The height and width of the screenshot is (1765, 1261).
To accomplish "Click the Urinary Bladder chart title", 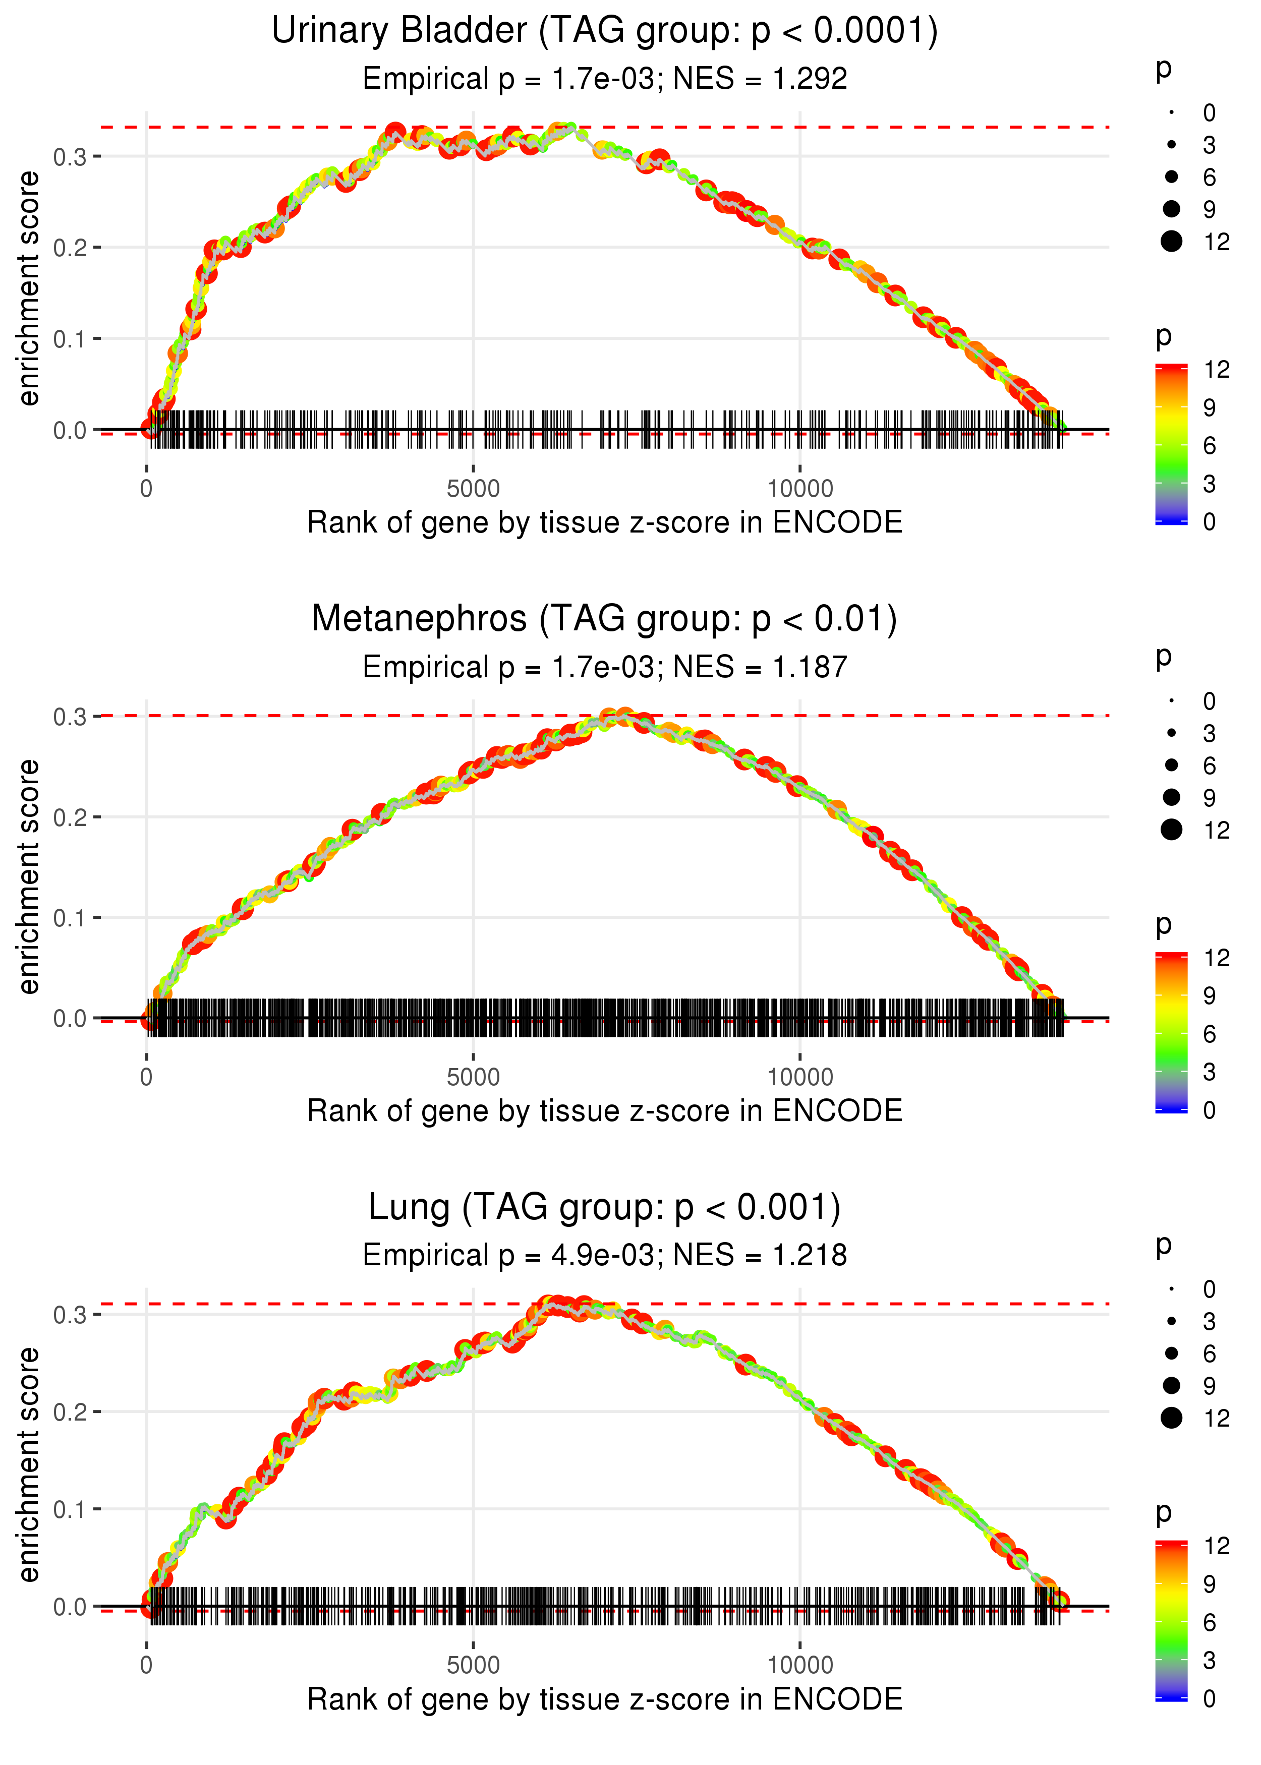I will [604, 31].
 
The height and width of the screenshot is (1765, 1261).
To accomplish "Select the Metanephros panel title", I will [604, 619].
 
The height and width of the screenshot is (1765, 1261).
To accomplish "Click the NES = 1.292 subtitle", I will [604, 79].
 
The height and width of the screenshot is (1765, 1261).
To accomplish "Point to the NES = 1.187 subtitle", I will [604, 668].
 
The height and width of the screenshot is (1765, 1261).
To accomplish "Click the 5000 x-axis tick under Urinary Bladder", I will [473, 489].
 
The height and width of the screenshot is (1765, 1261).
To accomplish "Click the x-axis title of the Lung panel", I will [604, 1700].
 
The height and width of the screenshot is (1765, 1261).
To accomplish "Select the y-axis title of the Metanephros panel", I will [29, 877].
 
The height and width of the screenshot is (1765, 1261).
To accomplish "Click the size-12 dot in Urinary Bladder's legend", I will [1171, 242].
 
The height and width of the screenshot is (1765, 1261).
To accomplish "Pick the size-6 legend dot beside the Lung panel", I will [1171, 1354].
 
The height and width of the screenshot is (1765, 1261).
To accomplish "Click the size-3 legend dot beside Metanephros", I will [1171, 733].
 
